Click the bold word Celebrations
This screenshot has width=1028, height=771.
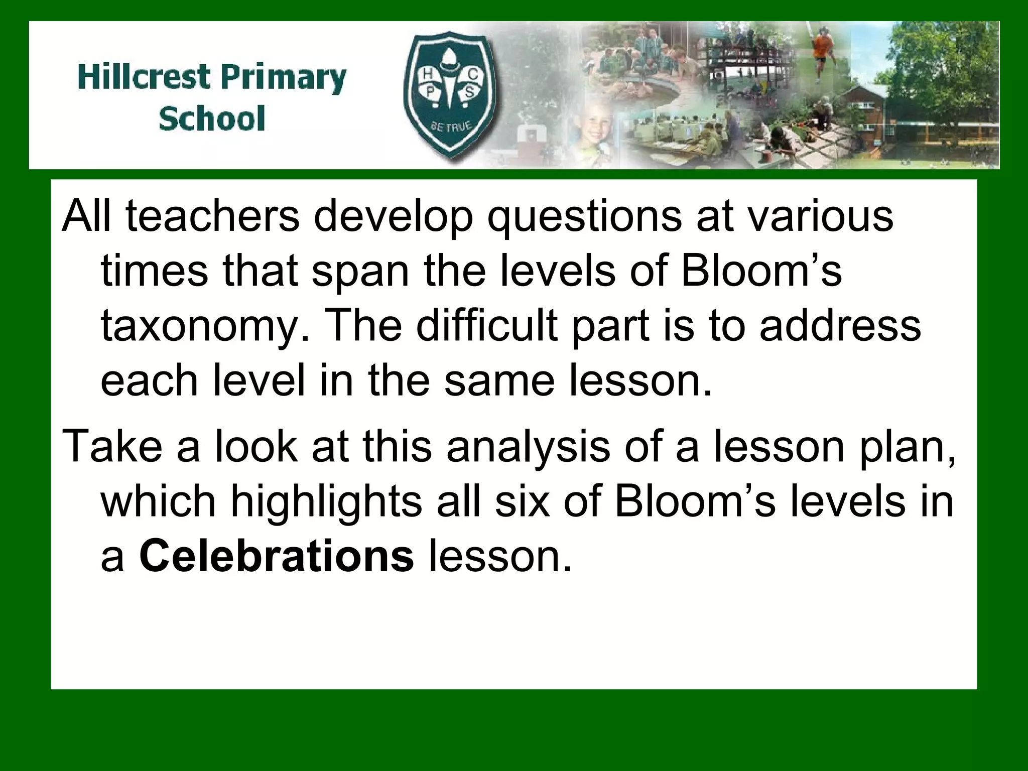point(277,556)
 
